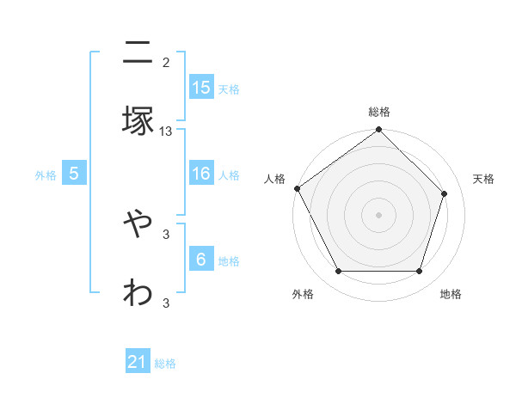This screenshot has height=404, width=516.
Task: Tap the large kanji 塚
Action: [x=138, y=121]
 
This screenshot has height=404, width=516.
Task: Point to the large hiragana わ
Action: [x=138, y=292]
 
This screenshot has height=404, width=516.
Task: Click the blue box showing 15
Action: [x=201, y=88]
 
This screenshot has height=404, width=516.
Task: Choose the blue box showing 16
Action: [x=201, y=174]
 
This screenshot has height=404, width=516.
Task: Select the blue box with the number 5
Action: [x=74, y=174]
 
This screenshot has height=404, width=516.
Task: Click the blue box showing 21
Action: [x=138, y=363]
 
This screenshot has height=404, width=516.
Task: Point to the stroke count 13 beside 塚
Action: [x=166, y=132]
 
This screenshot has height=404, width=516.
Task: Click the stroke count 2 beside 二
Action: [x=166, y=62]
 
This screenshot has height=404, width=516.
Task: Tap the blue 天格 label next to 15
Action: [x=229, y=89]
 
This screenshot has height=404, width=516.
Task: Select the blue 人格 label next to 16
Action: [x=229, y=175]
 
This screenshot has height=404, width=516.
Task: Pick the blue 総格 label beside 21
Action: [x=165, y=364]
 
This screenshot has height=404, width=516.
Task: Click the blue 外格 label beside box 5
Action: [x=46, y=175]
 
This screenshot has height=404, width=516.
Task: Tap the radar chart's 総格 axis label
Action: [x=379, y=112]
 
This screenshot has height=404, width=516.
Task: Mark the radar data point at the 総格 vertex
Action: [x=379, y=131]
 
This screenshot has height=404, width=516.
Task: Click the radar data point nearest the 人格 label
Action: [x=298, y=188]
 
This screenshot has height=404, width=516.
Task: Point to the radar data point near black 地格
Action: [x=420, y=272]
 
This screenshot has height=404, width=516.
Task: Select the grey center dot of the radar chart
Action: [x=379, y=214]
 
